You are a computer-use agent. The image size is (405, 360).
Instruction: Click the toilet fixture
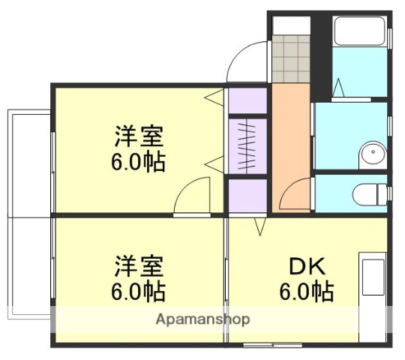(369, 193)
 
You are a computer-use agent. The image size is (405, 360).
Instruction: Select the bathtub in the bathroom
(359, 31)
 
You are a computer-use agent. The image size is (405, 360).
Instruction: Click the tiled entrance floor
(291, 58)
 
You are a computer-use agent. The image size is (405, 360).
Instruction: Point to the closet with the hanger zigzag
(247, 145)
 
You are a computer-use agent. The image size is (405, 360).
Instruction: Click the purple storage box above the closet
(247, 100)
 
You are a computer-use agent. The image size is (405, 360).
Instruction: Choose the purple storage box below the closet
(247, 196)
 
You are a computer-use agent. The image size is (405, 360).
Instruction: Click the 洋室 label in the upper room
(139, 138)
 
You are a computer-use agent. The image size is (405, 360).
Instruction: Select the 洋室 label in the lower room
(139, 267)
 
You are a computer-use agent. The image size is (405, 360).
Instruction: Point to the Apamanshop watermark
(202, 319)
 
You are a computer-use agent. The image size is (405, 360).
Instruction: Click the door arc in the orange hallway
(292, 196)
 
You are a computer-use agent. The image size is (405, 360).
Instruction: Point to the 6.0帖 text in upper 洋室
(139, 162)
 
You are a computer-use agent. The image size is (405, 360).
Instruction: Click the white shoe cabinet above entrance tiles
(291, 24)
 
